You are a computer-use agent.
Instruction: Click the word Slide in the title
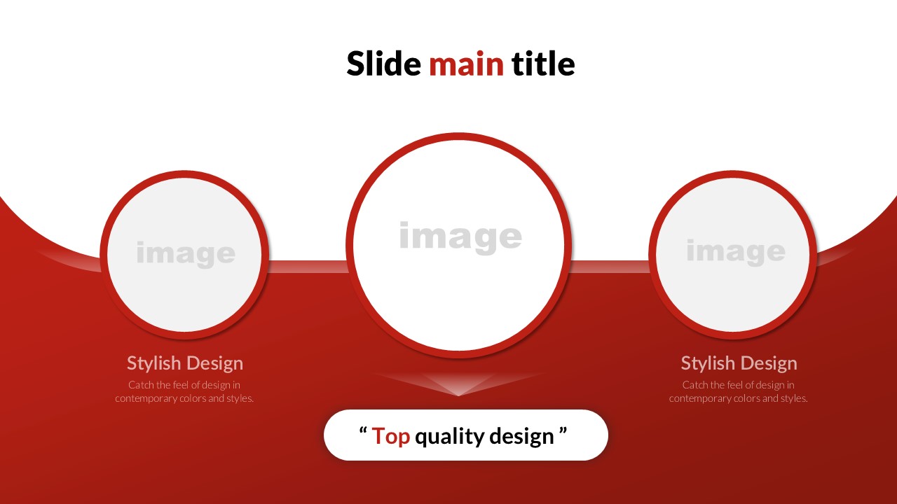(x=383, y=63)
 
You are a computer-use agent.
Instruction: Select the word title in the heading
(x=543, y=63)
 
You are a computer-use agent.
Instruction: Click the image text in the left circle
(x=186, y=254)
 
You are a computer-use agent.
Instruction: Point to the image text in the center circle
(x=460, y=237)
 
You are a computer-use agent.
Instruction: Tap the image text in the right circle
(x=736, y=252)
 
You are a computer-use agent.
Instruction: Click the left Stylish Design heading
(x=185, y=363)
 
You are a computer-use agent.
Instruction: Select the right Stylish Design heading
(x=739, y=363)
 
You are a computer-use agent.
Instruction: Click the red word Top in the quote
(x=391, y=435)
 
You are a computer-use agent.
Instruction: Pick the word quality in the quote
(x=450, y=436)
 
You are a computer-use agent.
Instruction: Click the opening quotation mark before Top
(x=363, y=430)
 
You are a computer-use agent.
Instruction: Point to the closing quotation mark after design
(x=563, y=430)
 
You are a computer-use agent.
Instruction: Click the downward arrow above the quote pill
(x=459, y=384)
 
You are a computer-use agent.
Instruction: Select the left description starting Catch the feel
(x=184, y=391)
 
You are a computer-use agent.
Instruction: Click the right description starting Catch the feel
(x=739, y=391)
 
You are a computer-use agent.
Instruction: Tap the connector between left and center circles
(x=308, y=267)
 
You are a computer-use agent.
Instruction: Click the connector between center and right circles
(x=610, y=267)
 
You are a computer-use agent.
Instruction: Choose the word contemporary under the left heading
(x=146, y=398)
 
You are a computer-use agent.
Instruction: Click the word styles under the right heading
(x=794, y=398)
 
